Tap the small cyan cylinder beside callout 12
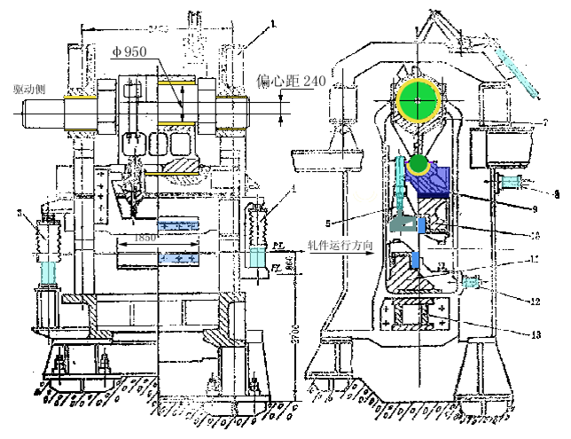pyautogui.click(x=470, y=282)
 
